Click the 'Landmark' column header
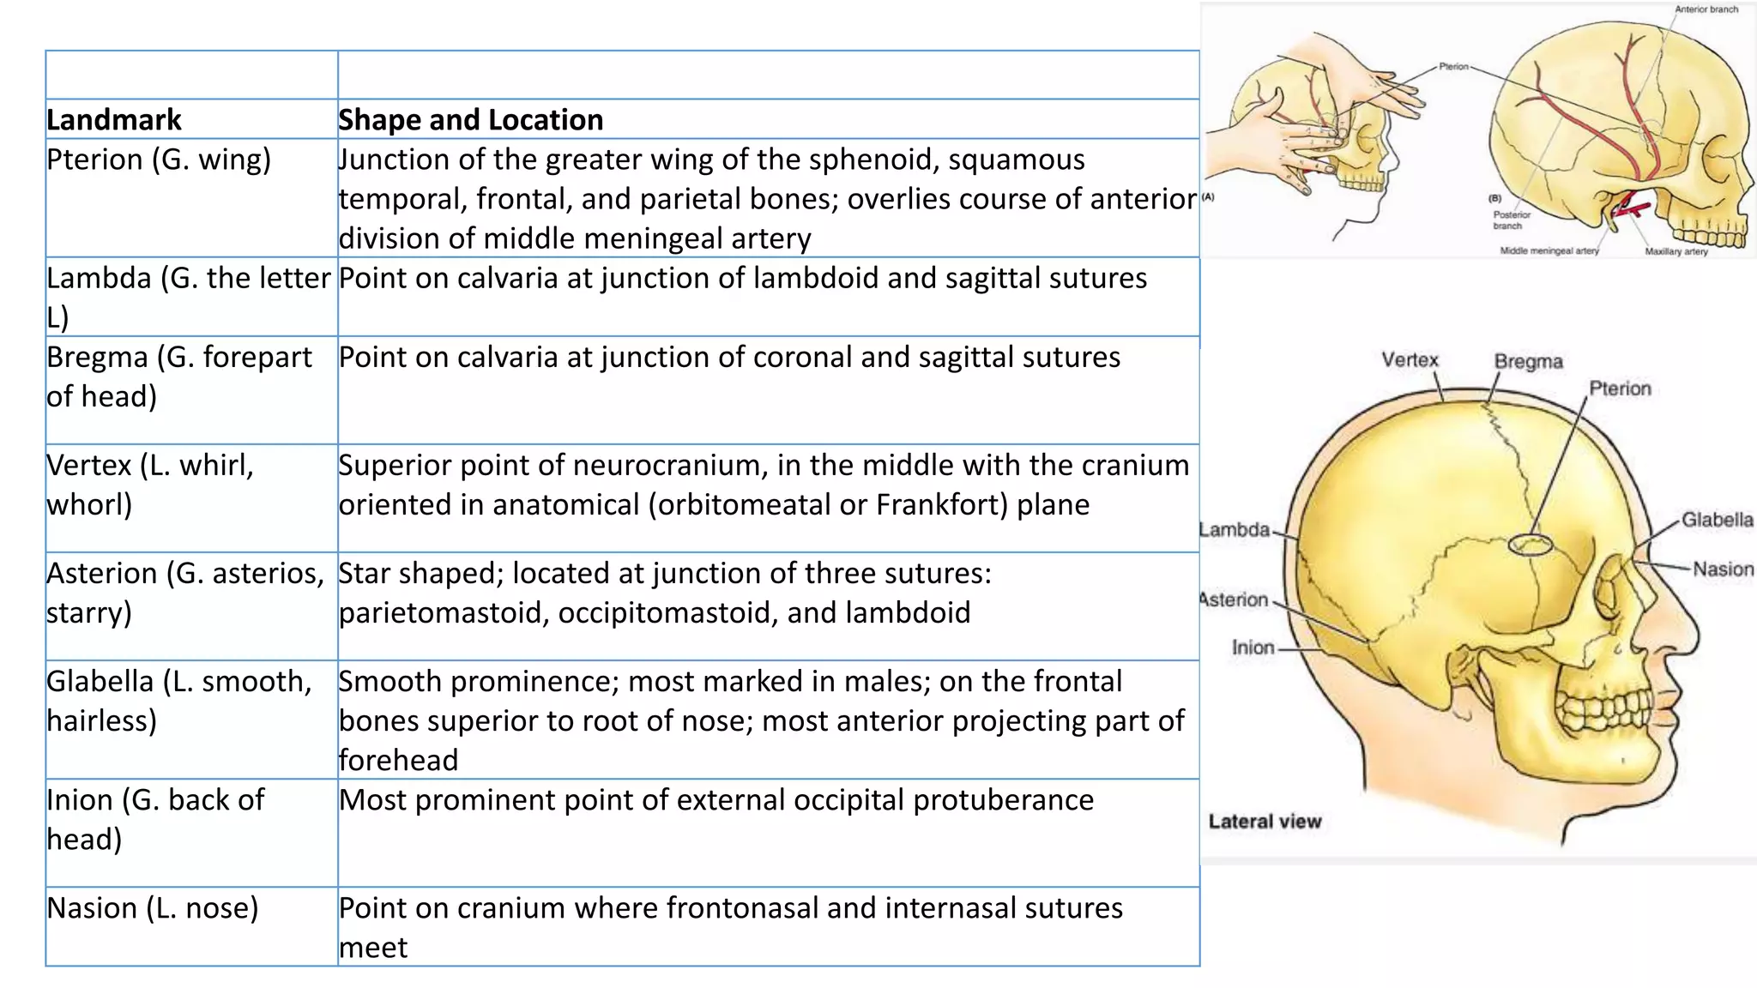coord(114,120)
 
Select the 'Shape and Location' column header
coord(470,120)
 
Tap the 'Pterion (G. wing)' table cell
coord(159,160)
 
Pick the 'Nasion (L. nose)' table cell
coord(153,908)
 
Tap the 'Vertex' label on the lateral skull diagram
coord(1410,360)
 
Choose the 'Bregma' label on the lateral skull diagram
coord(1528,362)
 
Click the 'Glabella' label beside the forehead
coord(1717,520)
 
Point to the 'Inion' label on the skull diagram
coord(1253,648)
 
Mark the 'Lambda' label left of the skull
coord(1235,530)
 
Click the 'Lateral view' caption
coord(1265,822)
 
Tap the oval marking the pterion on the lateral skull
coord(1531,545)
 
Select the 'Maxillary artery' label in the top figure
coord(1675,252)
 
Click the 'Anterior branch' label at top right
coord(1706,9)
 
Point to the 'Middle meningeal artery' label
coord(1549,251)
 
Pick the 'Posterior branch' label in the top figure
coord(1511,220)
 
